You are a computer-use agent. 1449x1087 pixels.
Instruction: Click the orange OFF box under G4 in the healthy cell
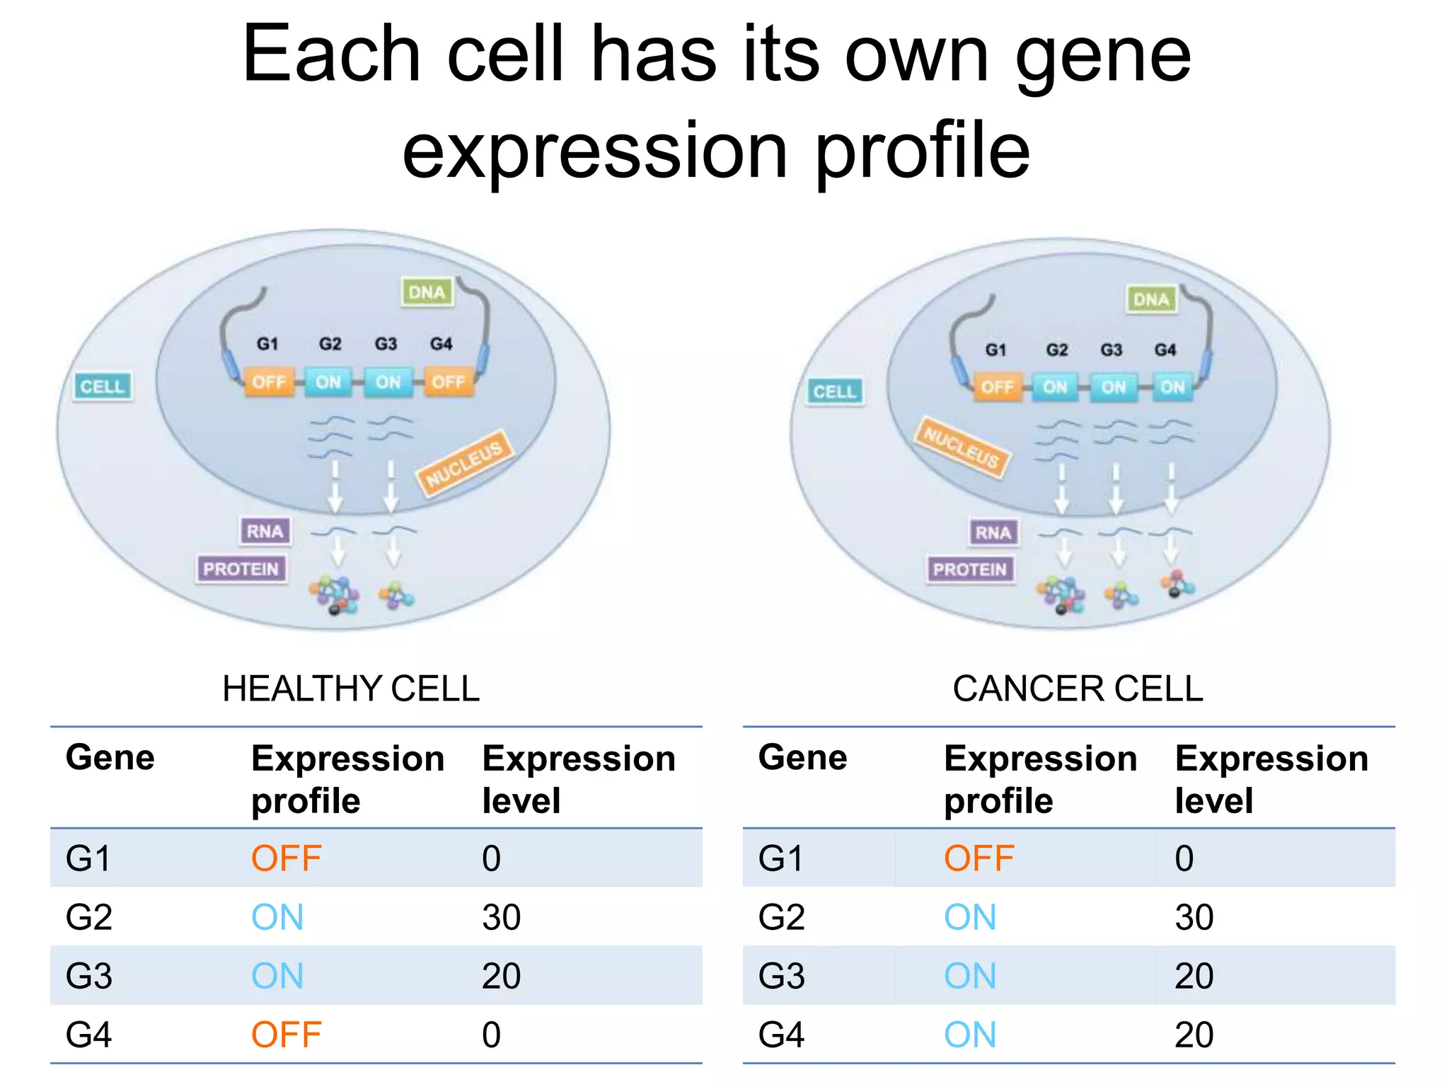449,382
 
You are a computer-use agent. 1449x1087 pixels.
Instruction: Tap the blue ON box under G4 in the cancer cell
1172,387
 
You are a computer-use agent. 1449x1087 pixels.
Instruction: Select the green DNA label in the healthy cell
427,292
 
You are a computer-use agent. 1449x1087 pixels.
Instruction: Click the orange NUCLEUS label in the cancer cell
962,447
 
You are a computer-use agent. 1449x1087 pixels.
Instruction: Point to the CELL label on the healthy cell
103,386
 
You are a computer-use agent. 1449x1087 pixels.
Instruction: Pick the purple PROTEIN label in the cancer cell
970,569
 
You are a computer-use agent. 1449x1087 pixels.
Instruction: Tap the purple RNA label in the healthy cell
265,531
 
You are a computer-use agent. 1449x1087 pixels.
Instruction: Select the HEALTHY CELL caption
351,689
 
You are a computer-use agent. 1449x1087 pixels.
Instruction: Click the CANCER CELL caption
1078,689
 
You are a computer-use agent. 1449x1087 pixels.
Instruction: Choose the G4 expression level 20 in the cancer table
1194,1035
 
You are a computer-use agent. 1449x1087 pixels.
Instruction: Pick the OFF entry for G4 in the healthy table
287,1035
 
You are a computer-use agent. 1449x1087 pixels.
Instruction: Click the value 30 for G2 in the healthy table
501,917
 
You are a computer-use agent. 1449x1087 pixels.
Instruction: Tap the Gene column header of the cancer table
802,758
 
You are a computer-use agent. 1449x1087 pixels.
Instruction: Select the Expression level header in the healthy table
578,778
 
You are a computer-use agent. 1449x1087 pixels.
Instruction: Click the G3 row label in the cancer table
781,976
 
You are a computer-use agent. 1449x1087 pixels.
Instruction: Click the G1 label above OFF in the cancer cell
995,350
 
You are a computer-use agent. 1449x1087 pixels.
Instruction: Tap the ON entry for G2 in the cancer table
970,917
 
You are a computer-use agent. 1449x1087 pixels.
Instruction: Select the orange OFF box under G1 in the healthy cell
269,382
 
